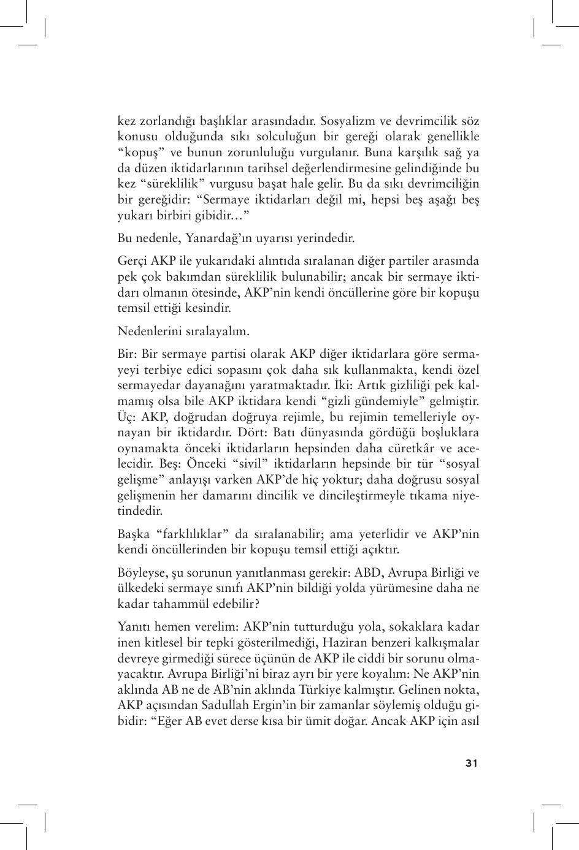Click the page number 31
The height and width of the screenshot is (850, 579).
[x=471, y=763]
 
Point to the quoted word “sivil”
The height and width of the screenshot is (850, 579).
[x=253, y=465]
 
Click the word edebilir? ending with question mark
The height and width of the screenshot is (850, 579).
[x=231, y=604]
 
